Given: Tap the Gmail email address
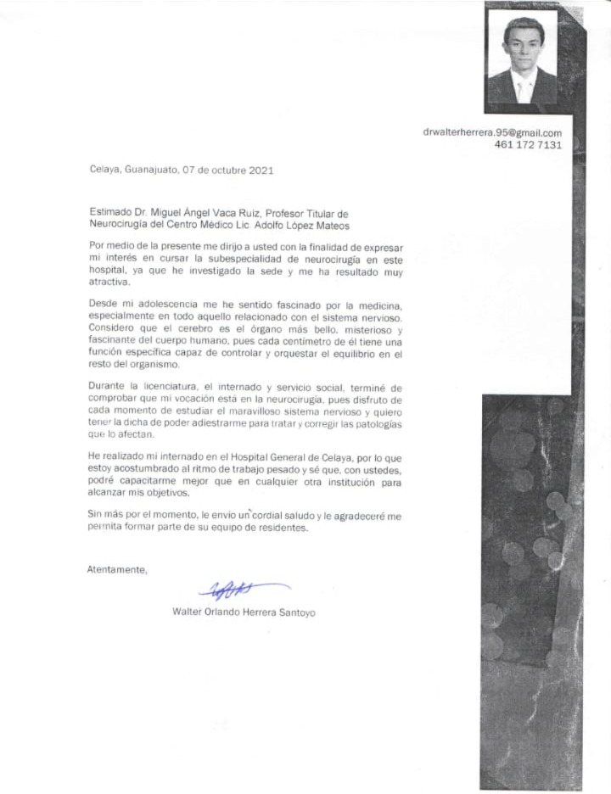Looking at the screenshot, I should click(492, 132).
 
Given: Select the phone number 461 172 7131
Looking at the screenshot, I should click(528, 145).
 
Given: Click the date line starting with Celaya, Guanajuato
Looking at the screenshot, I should click(181, 170).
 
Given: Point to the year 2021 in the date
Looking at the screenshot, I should click(261, 170).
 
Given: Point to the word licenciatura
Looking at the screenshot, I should click(170, 387).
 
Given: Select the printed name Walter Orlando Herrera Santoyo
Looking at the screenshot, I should click(244, 612).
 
